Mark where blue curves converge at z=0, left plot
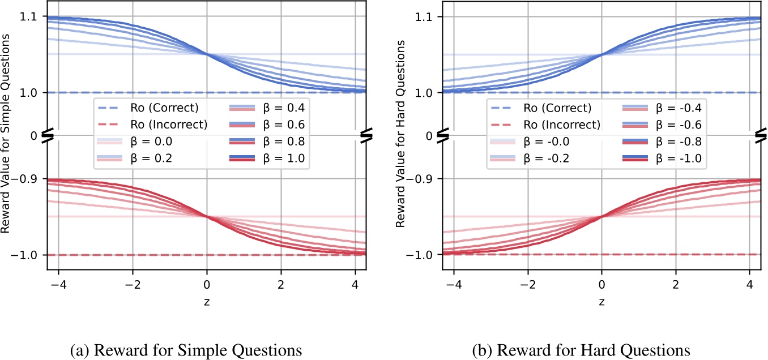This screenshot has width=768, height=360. [207, 54]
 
